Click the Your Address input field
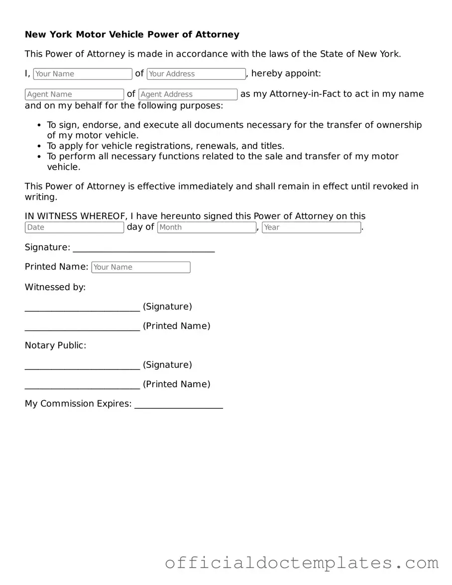point(196,74)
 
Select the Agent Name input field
point(74,94)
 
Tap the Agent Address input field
point(188,94)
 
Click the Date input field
point(74,228)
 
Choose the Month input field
point(207,228)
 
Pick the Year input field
point(311,228)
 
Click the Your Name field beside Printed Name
point(141,267)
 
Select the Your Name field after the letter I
point(83,74)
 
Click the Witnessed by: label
point(55,287)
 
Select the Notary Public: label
point(55,346)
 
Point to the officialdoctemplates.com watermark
point(302,563)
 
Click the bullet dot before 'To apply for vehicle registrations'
point(40,146)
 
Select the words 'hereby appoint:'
point(286,74)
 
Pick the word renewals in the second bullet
point(217,146)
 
